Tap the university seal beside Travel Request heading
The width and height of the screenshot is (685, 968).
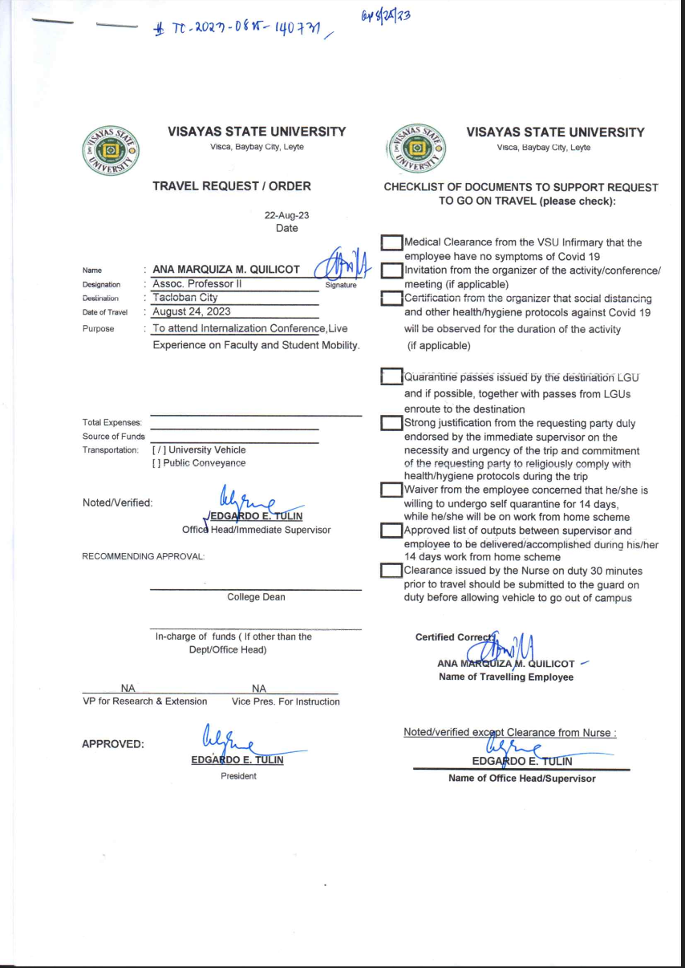point(111,149)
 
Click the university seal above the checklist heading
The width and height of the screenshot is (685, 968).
point(415,149)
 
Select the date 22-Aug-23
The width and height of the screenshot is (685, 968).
point(281,215)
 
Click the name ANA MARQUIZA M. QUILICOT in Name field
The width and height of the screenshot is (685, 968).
point(226,270)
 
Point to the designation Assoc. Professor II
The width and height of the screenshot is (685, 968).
point(197,283)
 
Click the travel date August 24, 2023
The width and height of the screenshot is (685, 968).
point(192,311)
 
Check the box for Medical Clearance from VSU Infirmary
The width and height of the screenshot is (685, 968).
point(391,243)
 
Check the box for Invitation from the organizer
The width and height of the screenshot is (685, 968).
point(391,270)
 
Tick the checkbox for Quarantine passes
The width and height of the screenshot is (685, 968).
point(391,377)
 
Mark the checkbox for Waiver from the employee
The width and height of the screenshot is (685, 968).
point(391,490)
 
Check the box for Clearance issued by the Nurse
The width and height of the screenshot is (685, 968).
point(391,571)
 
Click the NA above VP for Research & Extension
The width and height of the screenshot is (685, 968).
point(128,689)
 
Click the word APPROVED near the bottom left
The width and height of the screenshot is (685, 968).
point(113,744)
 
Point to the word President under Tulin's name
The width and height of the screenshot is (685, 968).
point(238,776)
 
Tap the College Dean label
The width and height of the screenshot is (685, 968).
point(256,597)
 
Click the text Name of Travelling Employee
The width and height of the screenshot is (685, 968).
point(505,677)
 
